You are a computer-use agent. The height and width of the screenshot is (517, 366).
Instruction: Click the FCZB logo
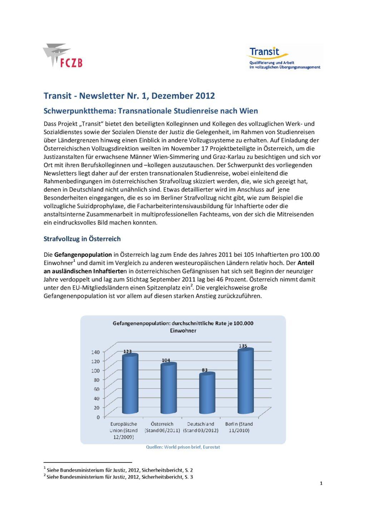coord(63,56)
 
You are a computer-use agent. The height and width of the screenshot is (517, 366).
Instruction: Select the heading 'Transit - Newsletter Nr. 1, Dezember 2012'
coord(129,96)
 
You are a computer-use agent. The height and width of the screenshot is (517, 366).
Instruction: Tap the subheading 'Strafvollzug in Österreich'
coord(82,239)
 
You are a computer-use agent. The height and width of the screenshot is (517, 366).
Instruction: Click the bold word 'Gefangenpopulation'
coord(83,255)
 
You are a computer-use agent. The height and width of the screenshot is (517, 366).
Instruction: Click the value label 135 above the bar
coord(243,346)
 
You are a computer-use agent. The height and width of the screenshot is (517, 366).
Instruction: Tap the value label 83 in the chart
coord(204,370)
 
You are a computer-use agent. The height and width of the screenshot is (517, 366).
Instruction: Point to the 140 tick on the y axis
coord(95,352)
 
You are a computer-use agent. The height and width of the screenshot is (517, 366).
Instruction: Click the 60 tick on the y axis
coord(97,389)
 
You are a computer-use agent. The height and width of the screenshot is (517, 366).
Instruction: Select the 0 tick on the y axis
coord(98,417)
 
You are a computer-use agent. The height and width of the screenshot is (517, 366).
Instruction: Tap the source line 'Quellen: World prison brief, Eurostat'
coord(183,447)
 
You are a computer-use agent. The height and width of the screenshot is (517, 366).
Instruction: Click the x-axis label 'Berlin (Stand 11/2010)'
coord(239,427)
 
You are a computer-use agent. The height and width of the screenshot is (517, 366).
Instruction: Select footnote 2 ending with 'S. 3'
coord(119,477)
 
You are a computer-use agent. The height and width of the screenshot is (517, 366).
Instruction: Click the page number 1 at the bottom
coord(321,483)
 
